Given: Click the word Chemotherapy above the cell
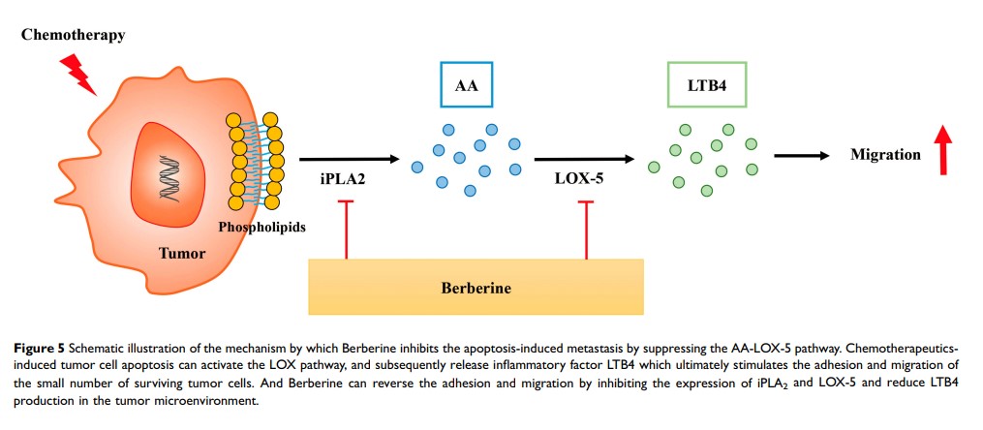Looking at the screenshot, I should [x=74, y=36].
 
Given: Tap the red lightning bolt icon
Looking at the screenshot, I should [x=78, y=74].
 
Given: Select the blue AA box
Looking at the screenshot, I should [x=467, y=86].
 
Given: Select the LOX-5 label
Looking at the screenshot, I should [x=580, y=178].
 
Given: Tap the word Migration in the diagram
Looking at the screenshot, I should [x=885, y=155].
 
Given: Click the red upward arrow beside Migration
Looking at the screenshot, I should [x=944, y=150].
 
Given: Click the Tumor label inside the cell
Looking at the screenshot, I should [x=183, y=254].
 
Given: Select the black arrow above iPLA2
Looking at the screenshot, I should [x=349, y=158].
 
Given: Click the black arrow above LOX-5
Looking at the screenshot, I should [x=584, y=158].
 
